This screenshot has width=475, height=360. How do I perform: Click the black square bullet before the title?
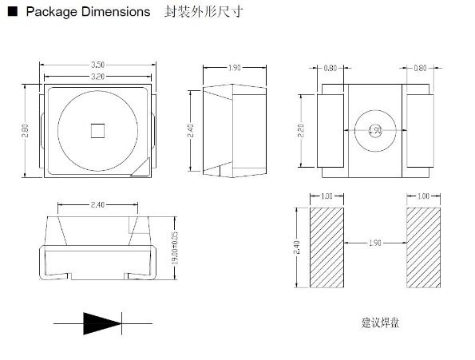click(12, 13)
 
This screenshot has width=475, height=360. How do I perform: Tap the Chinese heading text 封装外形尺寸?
click(203, 13)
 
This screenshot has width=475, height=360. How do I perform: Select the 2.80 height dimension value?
click(26, 130)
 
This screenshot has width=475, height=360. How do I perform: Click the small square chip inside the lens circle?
click(97, 130)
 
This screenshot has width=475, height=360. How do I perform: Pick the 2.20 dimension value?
click(301, 131)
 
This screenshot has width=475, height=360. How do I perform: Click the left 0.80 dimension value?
click(330, 69)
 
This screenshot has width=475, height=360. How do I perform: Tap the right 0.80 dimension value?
click(420, 69)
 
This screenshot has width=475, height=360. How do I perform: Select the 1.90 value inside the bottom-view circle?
click(375, 131)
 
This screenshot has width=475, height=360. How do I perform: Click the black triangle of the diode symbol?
click(101, 323)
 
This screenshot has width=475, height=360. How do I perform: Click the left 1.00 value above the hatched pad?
click(326, 196)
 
